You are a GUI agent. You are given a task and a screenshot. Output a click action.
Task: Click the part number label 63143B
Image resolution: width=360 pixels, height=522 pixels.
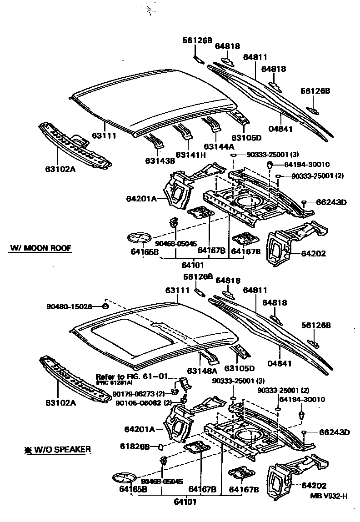click(160, 161)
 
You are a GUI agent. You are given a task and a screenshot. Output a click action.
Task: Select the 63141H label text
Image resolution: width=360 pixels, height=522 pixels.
click(190, 155)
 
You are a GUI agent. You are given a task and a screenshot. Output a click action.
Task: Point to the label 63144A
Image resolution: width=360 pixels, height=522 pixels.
click(219, 146)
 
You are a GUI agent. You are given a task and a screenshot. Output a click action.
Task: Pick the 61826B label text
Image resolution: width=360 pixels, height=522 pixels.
click(137, 447)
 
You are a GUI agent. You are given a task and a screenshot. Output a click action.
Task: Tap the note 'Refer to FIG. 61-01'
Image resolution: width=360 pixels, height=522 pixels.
click(132, 376)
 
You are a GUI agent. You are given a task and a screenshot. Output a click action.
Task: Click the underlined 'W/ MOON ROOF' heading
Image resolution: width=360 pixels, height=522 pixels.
click(41, 248)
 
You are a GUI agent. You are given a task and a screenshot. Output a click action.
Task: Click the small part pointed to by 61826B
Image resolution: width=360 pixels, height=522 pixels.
click(160, 447)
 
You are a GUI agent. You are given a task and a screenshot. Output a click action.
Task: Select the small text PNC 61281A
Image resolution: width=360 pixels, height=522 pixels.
click(114, 383)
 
